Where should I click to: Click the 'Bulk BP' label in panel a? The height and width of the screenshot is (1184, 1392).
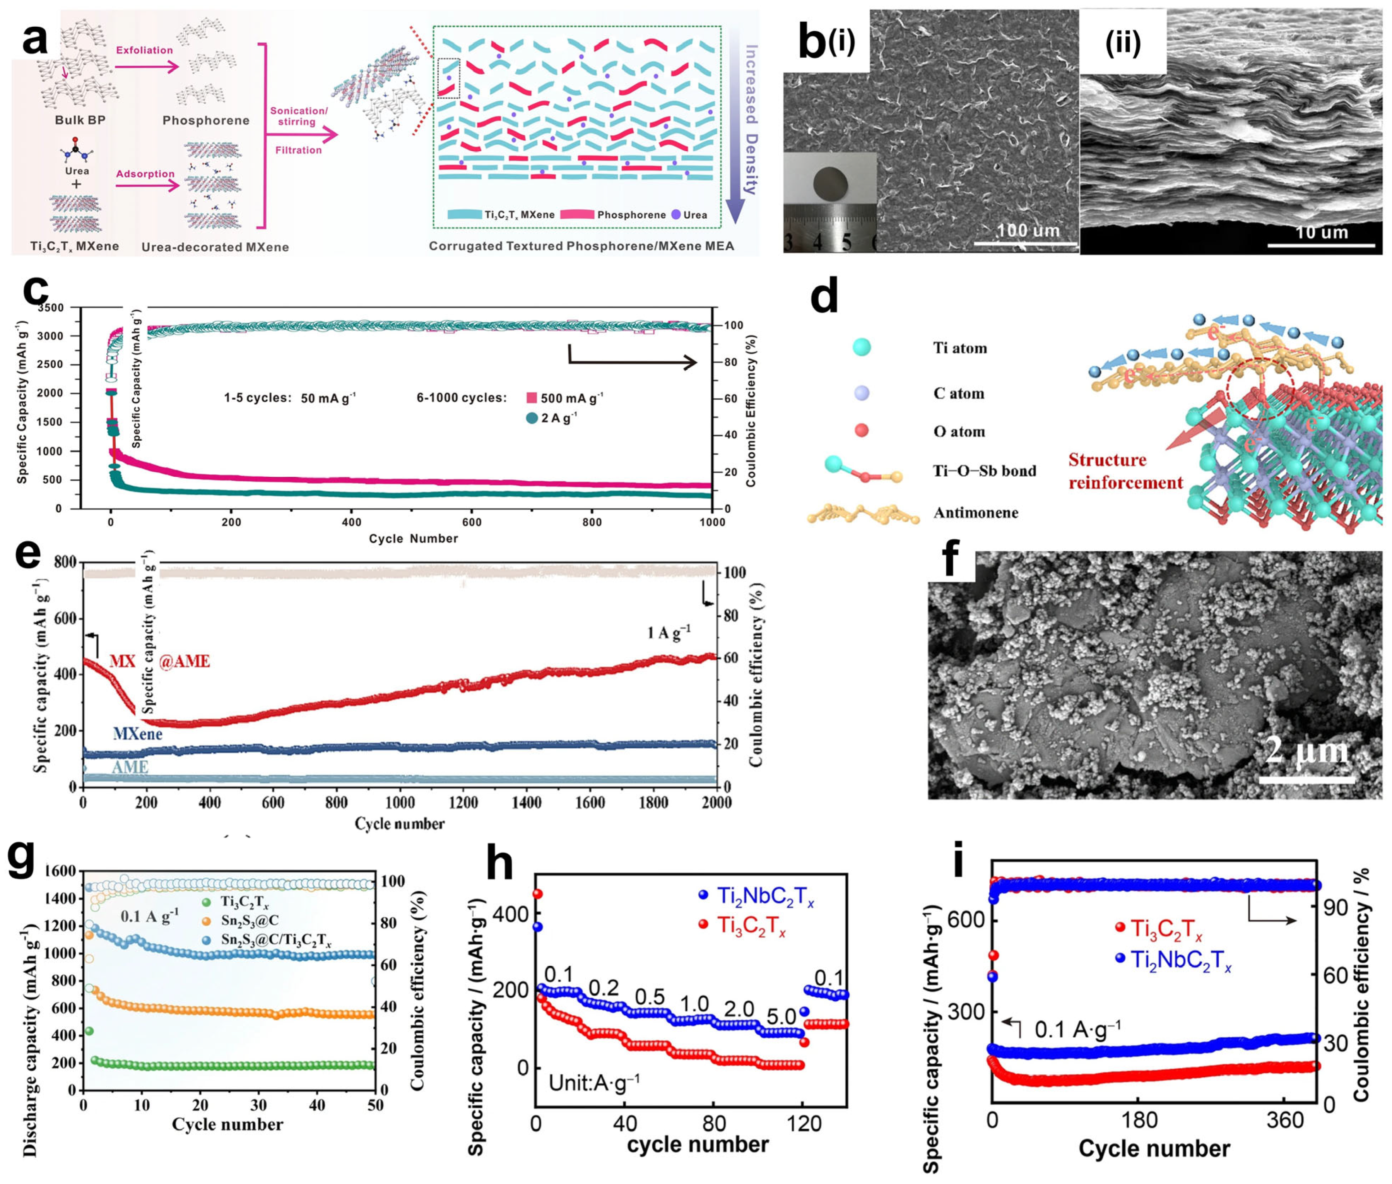point(80,120)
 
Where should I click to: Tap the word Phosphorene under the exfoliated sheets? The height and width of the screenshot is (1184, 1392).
point(205,121)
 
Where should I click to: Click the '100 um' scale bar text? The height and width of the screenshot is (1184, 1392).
point(1027,230)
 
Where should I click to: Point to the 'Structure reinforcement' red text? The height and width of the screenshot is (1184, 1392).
point(1125,471)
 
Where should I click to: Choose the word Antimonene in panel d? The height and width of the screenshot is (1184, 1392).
point(975,513)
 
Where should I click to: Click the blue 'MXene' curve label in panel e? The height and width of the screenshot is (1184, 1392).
point(138,734)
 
